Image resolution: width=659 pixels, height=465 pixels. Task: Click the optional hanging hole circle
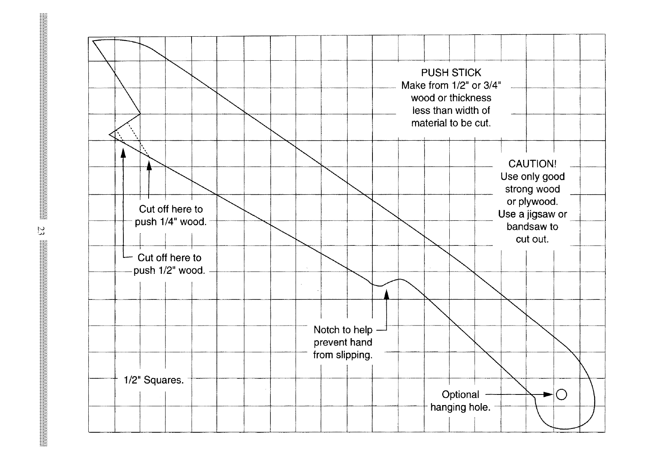tap(561, 394)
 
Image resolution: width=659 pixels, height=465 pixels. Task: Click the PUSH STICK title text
tap(451, 73)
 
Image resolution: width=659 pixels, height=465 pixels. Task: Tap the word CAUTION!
tap(532, 164)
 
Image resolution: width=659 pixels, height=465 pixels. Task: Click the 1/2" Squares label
tap(154, 380)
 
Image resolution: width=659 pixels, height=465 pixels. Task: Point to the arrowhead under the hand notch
tap(387, 294)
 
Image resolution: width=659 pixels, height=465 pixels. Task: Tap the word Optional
tap(460, 394)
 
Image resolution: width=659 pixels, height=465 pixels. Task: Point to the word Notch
tap(326, 329)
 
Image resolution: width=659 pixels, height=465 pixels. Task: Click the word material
tap(429, 123)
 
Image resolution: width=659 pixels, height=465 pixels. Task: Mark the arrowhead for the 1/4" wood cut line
tap(149, 167)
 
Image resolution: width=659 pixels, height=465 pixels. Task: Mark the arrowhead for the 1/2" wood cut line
tap(123, 153)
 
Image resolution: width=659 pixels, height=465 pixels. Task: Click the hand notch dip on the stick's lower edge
tap(379, 286)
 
